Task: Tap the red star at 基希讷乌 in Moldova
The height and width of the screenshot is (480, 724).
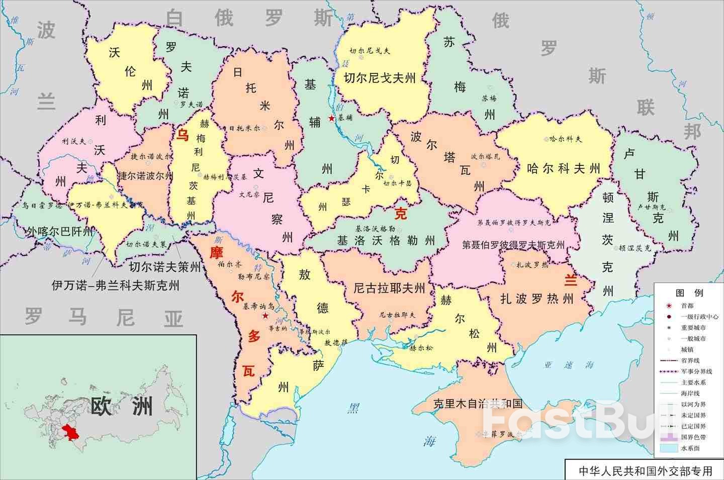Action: (x=265, y=316)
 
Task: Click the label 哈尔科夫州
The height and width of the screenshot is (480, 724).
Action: (x=564, y=168)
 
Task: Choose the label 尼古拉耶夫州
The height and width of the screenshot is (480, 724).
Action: (x=389, y=288)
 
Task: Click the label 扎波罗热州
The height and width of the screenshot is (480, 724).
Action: (x=536, y=299)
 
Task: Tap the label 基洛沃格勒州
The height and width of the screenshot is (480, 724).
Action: (x=386, y=241)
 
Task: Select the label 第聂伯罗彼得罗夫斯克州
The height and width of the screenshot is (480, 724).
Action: (x=513, y=245)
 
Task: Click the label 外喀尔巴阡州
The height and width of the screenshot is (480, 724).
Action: (x=60, y=232)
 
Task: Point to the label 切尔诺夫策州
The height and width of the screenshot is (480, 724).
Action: (x=157, y=267)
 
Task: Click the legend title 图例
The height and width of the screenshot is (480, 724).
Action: (x=689, y=293)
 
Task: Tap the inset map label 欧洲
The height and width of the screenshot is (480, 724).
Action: (x=121, y=406)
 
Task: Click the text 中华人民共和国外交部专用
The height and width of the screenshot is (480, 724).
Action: (x=645, y=471)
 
